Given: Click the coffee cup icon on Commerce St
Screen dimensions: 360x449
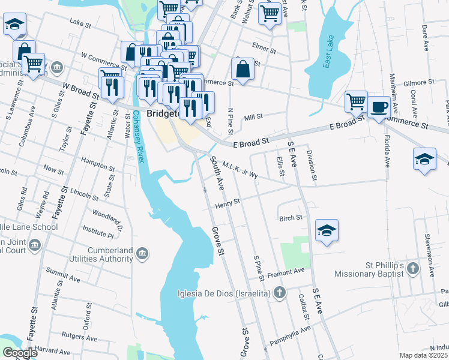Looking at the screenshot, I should [x=378, y=107].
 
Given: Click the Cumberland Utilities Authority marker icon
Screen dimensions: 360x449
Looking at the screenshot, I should [x=142, y=254].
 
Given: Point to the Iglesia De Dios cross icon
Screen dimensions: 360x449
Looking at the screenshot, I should [x=279, y=293].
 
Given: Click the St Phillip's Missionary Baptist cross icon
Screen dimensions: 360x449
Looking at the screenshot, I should [x=412, y=269].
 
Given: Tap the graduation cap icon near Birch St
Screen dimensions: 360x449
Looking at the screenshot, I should [x=327, y=230].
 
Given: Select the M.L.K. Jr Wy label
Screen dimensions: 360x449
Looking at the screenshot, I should [x=240, y=170].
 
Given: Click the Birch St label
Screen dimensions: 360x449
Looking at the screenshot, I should [x=291, y=218].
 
